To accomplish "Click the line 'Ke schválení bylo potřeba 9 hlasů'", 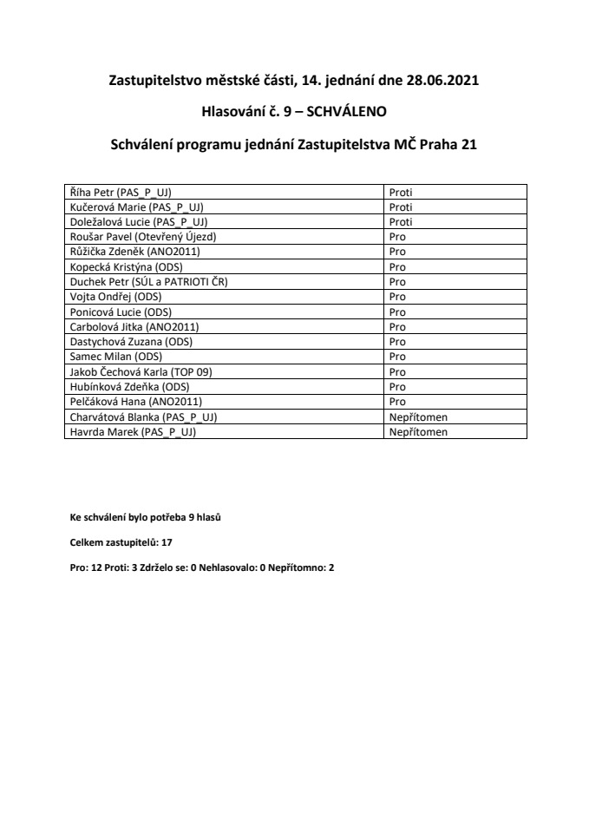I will (145, 518).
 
